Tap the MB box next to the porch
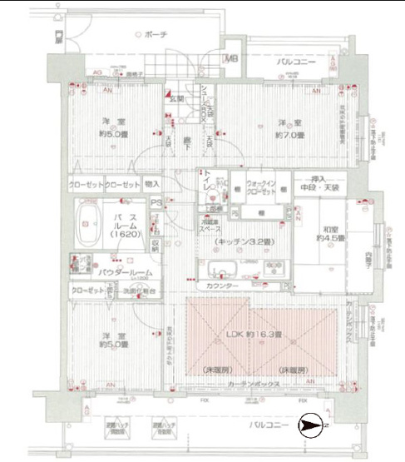pyautogui.click(x=233, y=58)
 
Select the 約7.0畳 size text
pyautogui.click(x=292, y=135)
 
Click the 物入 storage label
pyautogui.click(x=152, y=184)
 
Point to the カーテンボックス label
pyautogui.click(x=252, y=384)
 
